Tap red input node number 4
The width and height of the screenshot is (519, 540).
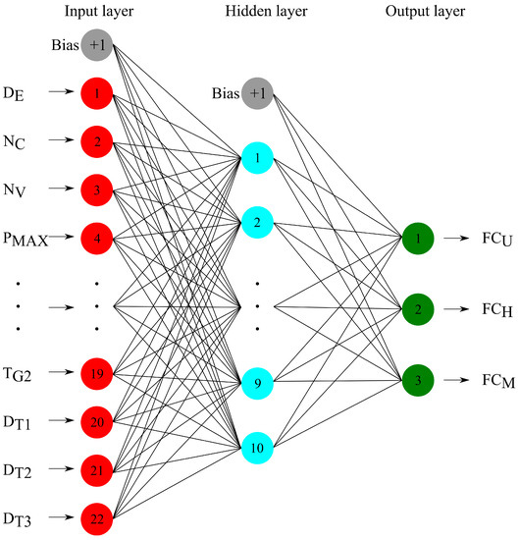[97, 237]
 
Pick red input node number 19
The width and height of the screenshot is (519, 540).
[97, 373]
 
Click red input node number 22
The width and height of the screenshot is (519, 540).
[97, 514]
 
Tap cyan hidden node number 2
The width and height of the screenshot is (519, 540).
[256, 223]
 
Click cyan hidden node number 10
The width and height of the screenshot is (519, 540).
[256, 448]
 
